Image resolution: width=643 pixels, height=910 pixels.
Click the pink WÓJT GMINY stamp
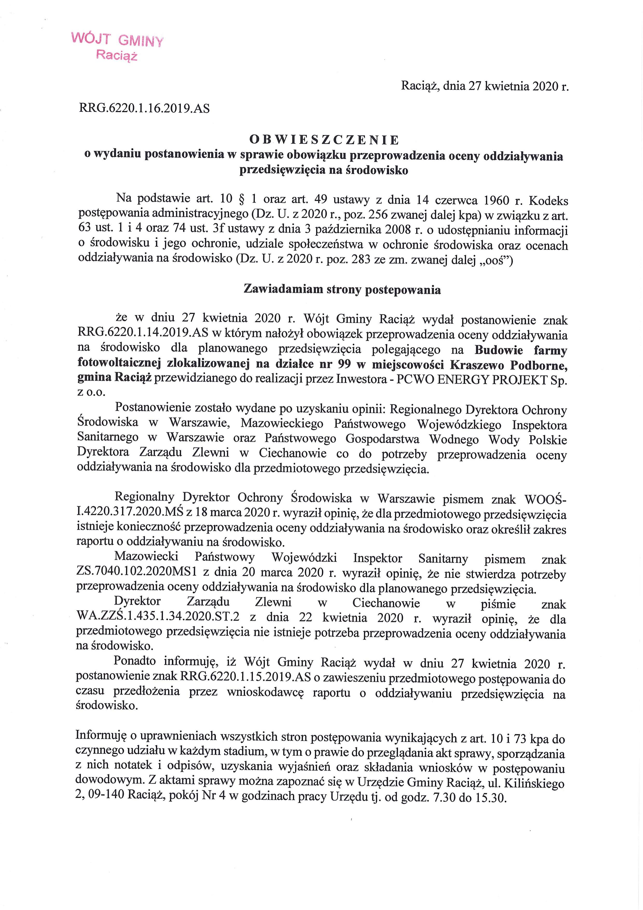click(117, 46)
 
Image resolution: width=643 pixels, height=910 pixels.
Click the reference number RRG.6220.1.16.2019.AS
click(145, 108)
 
